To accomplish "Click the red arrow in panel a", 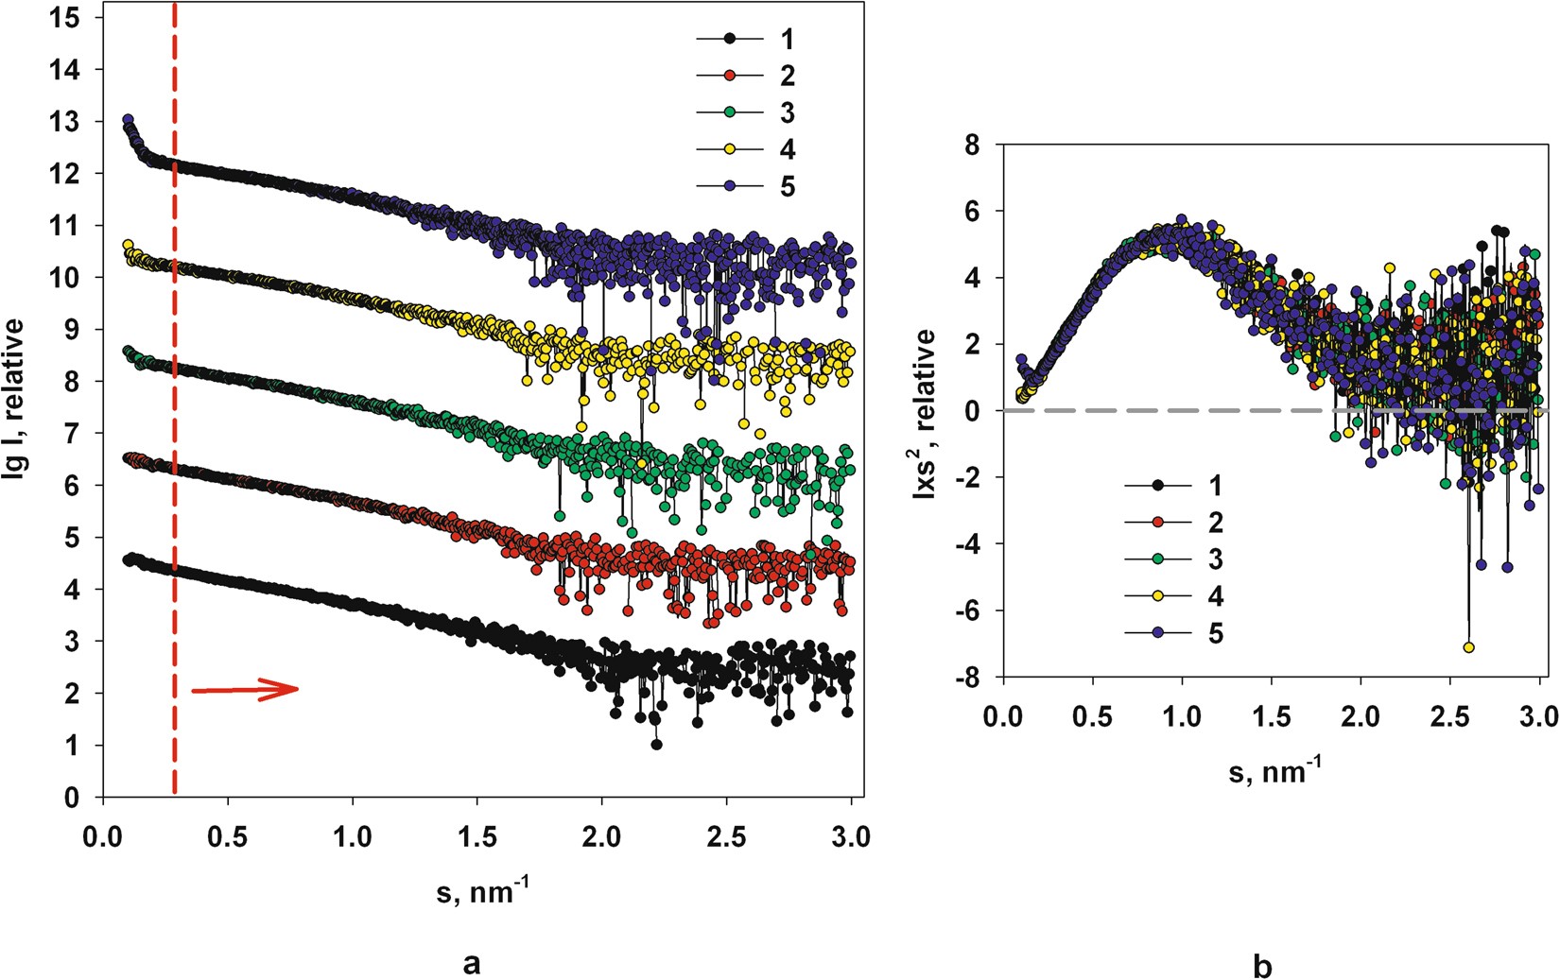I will point(246,690).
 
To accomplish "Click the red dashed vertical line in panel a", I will point(175,473).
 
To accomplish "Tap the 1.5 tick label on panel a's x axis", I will point(477,836).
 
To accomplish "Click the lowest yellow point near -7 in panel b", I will point(1468,647).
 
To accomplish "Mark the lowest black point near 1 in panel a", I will point(656,745).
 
